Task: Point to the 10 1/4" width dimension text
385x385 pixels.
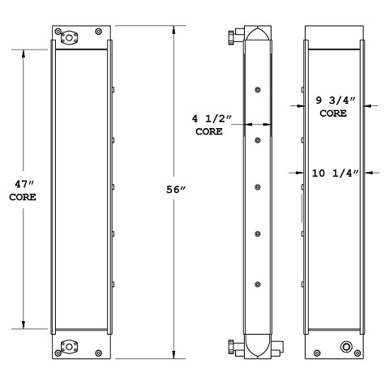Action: click(334, 171)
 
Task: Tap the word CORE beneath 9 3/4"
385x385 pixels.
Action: click(333, 115)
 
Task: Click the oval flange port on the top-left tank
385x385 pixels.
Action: click(67, 36)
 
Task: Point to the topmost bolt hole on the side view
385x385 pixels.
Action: click(257, 90)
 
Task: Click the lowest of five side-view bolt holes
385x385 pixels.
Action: click(257, 283)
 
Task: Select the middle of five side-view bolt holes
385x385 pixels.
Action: click(257, 186)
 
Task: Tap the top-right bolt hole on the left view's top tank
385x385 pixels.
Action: click(98, 31)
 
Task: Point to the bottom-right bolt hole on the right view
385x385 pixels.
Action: click(361, 353)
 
